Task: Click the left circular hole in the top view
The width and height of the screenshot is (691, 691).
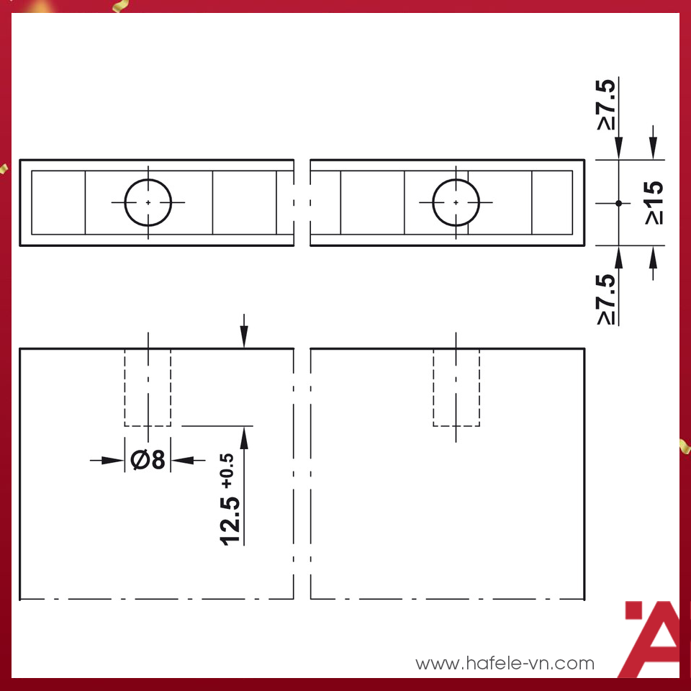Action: (x=148, y=203)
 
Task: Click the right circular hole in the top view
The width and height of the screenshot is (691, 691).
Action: (x=456, y=203)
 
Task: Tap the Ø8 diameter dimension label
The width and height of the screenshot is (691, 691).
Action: (x=148, y=459)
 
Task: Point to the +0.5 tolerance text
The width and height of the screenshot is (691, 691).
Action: (x=228, y=470)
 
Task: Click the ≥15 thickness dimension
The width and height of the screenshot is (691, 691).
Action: (x=654, y=203)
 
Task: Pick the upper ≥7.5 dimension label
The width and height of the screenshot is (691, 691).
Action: (x=607, y=105)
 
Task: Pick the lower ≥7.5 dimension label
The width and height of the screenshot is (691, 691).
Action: (x=607, y=299)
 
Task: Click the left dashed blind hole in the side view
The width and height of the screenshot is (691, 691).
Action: (x=148, y=387)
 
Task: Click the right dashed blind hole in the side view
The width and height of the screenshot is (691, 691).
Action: (x=456, y=387)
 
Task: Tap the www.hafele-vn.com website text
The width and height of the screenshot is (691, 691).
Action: (x=505, y=663)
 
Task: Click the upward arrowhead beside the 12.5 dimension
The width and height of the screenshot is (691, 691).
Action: (x=244, y=436)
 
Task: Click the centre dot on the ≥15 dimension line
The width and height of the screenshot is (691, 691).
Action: (x=618, y=203)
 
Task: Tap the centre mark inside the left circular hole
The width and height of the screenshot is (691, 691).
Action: (x=148, y=203)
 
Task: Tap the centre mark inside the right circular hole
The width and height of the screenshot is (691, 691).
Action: (x=456, y=203)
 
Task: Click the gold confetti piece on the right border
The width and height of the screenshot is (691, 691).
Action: (x=685, y=446)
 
